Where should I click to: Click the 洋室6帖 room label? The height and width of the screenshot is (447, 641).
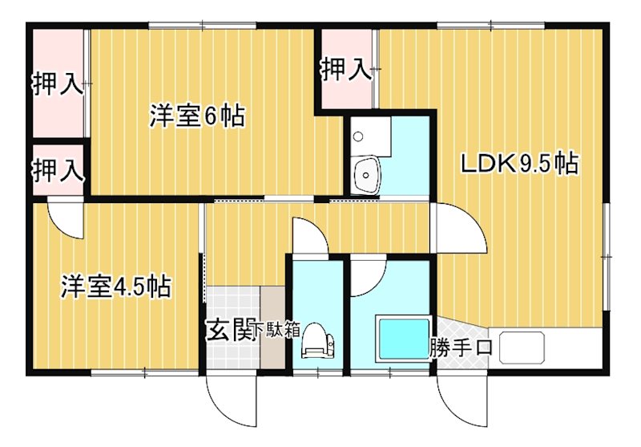pos(196,117)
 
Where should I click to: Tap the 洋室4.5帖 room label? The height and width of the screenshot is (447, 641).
pos(115,286)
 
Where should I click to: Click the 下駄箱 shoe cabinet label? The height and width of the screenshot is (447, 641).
pos(277,329)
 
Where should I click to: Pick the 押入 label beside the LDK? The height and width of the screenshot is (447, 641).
pos(346,71)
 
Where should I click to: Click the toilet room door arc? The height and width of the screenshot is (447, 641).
pos(308,238)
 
